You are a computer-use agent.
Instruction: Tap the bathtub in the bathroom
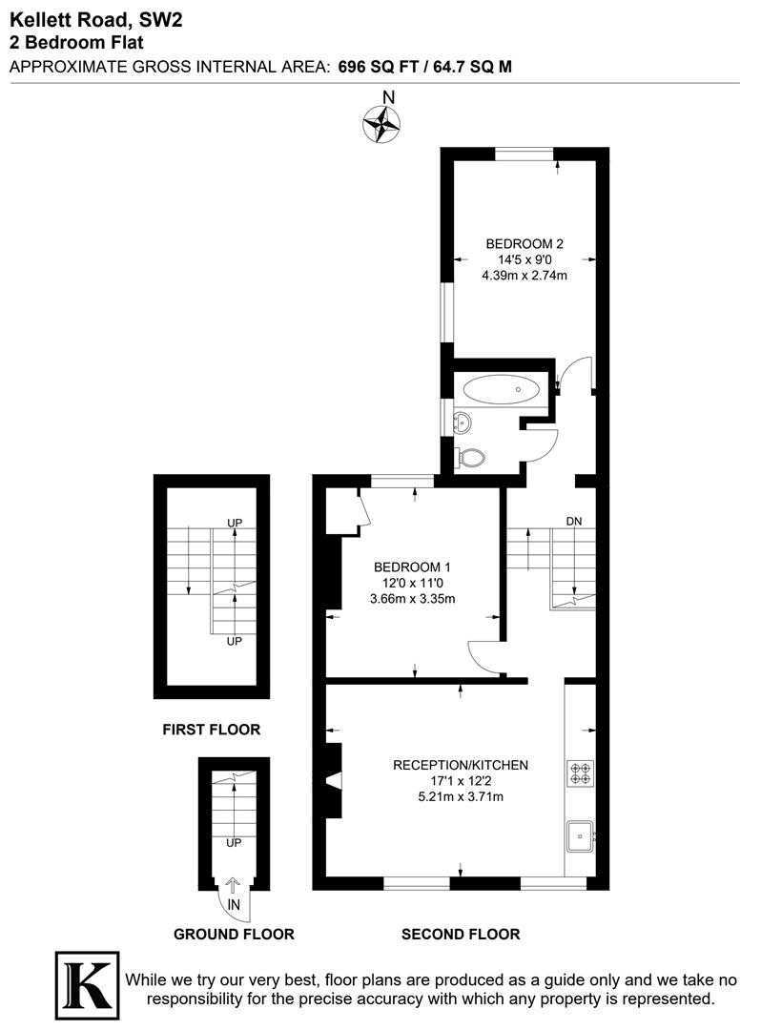click(501, 388)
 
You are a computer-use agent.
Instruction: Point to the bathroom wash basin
click(463, 422)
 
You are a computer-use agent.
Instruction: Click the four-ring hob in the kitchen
click(580, 772)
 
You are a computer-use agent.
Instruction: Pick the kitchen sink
click(579, 836)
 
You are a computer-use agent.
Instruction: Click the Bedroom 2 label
click(524, 242)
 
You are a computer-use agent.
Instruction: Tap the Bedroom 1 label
click(412, 565)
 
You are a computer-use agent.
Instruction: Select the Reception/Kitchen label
click(461, 765)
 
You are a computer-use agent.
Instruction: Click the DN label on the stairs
click(574, 521)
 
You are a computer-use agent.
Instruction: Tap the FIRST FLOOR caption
click(212, 730)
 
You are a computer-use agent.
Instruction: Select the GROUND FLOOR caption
click(234, 934)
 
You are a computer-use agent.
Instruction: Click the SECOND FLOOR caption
click(461, 934)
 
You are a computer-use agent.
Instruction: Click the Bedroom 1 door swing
click(482, 654)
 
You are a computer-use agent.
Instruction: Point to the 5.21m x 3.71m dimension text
click(461, 797)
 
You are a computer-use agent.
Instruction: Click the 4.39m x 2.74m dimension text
click(524, 277)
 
